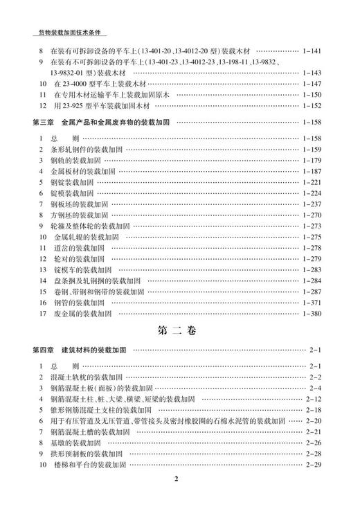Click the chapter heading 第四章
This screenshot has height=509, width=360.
45,348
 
